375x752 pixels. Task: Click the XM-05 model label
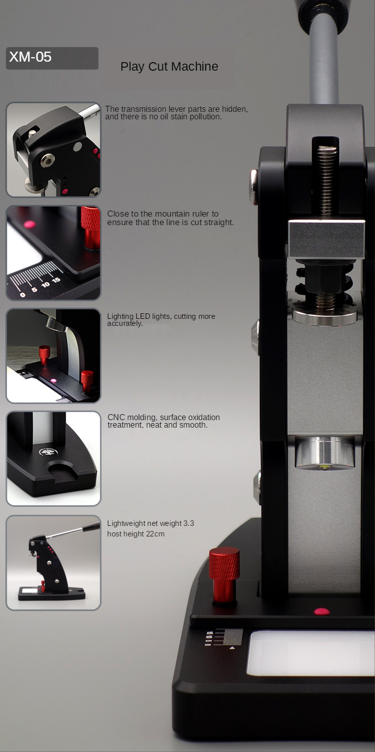click(x=30, y=57)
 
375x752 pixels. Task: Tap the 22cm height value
click(x=155, y=534)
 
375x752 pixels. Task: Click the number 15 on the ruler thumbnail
click(x=56, y=280)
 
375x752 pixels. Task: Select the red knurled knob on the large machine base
click(x=224, y=575)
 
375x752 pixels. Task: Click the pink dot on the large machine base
click(x=322, y=611)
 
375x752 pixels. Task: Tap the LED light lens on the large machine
click(x=324, y=467)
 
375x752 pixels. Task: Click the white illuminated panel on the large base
click(x=310, y=652)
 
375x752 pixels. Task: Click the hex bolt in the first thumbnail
click(x=47, y=161)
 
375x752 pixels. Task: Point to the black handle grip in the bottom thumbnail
click(x=91, y=527)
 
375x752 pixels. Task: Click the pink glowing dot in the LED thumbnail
click(x=53, y=381)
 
